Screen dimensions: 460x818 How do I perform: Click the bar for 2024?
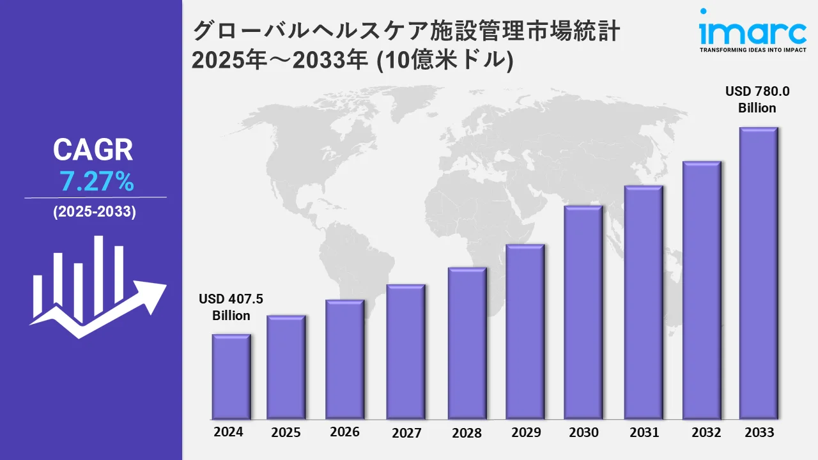231,376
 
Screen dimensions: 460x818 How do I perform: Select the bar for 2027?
406,351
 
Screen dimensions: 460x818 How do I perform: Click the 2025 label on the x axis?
286,433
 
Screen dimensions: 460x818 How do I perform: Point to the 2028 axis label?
467,433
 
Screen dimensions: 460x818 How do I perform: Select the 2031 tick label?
644,432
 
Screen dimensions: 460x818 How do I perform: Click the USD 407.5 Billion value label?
231,307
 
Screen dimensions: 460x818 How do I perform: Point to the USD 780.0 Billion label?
757,100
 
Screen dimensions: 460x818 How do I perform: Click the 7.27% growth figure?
96,183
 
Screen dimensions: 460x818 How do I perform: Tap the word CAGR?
93,150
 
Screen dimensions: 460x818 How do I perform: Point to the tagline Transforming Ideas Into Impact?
753,50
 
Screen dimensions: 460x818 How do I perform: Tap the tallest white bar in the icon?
99,275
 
